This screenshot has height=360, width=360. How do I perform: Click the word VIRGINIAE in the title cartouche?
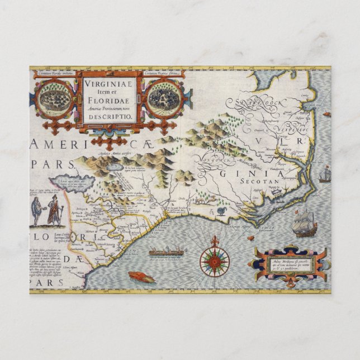pos(109,84)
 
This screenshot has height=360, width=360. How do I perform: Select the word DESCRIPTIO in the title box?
pos(109,117)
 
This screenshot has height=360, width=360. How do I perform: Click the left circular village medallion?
pos(55,98)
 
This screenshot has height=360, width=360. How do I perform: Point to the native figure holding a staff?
pos(55,211)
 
